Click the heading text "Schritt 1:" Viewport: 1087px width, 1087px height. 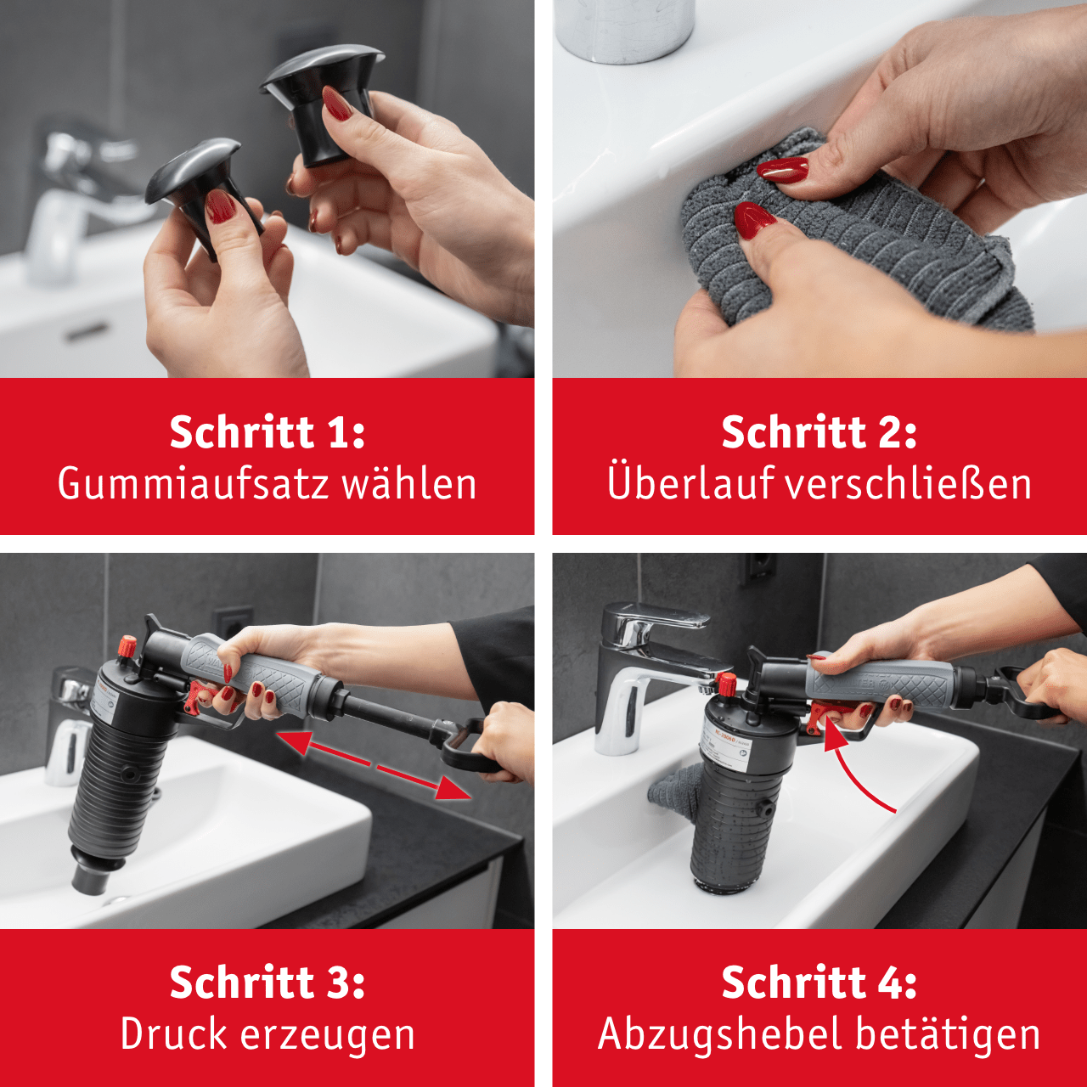tap(268, 432)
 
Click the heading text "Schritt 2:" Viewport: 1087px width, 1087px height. tap(819, 432)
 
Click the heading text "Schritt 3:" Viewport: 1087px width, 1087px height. tap(268, 983)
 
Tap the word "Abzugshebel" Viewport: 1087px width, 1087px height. tap(718, 1034)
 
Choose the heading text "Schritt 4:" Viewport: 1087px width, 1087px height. tap(819, 983)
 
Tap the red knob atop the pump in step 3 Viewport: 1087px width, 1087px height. tap(127, 646)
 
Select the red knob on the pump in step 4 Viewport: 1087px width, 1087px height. tap(726, 684)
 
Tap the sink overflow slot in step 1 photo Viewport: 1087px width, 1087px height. tap(87, 332)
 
